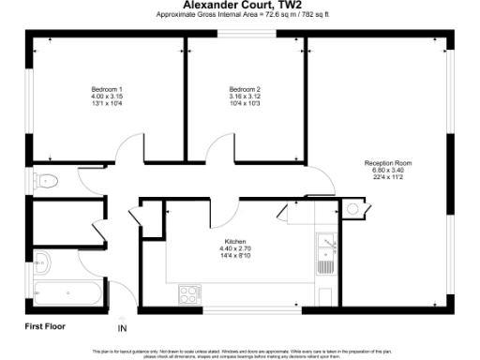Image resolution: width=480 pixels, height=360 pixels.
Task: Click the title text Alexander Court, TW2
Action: (x=240, y=5)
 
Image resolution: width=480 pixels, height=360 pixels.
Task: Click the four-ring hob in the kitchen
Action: (x=189, y=292)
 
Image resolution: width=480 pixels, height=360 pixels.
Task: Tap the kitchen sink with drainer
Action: (x=325, y=250)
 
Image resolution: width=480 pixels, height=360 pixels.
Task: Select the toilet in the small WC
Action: (x=46, y=181)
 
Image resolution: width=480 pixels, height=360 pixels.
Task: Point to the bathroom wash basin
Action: (x=42, y=261)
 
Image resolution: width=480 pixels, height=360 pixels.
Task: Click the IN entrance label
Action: (x=121, y=329)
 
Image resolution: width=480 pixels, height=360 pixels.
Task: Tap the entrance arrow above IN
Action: (x=121, y=317)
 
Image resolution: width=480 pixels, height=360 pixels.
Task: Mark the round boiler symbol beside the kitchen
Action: (x=352, y=208)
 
